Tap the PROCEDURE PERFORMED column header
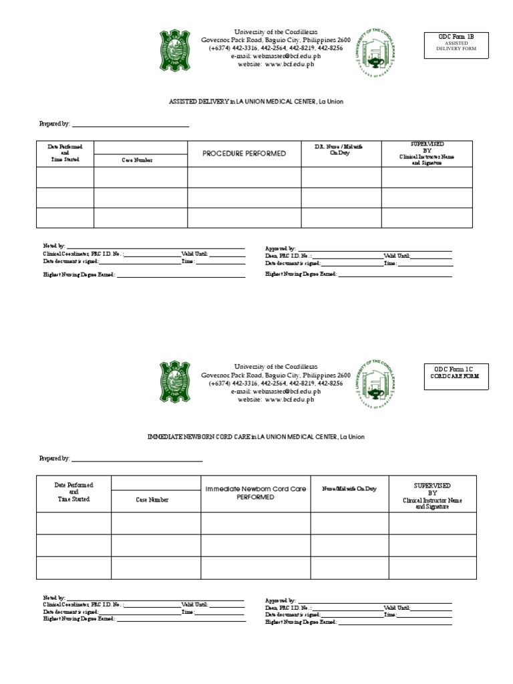pos(244,154)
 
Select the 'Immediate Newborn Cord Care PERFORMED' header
pos(255,493)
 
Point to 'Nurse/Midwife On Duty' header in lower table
pos(349,489)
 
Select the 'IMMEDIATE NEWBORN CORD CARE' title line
pos(256,436)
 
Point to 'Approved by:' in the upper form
pos(281,248)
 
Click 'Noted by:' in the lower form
pos(54,597)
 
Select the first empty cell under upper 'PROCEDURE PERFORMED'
pos(244,178)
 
